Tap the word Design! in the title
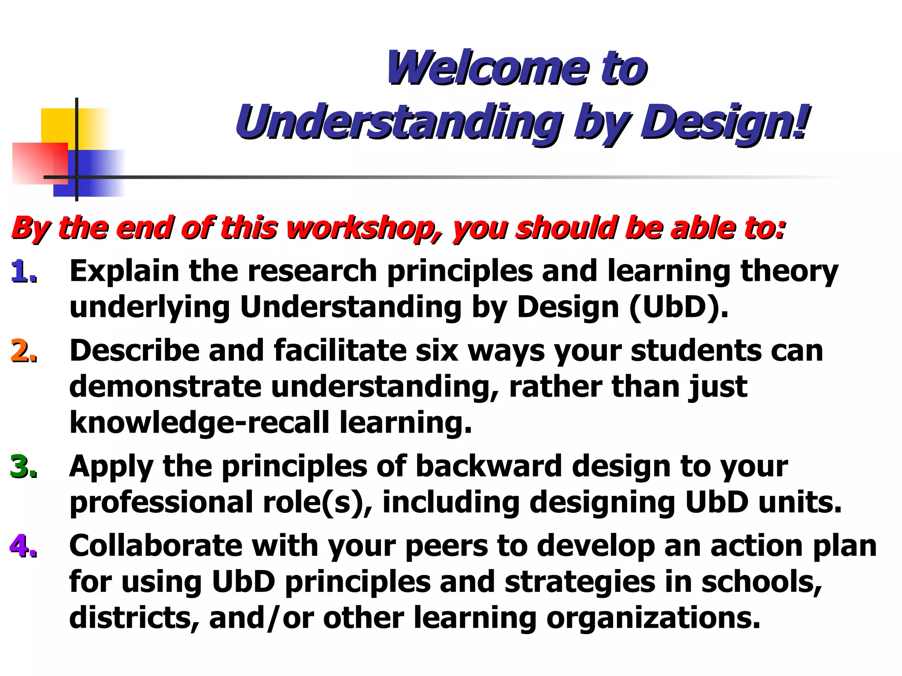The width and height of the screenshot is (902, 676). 725,121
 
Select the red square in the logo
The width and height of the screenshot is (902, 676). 40,163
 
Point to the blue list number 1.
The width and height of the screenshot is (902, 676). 23,271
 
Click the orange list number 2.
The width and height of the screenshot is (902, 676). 23,351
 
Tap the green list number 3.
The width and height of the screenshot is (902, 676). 23,467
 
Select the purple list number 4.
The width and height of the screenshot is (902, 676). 23,547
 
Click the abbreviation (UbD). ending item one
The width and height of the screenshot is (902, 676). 679,307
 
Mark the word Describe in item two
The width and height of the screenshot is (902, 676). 134,351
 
